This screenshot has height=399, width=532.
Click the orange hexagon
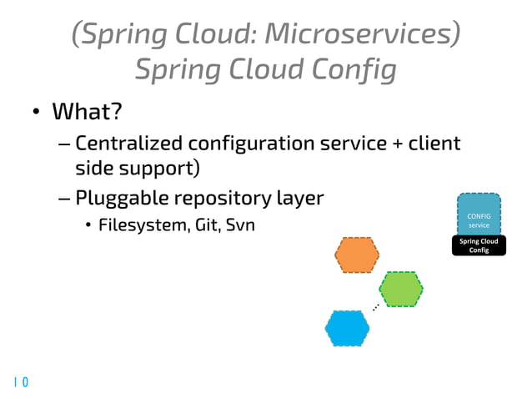point(357,255)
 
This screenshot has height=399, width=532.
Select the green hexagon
point(403,290)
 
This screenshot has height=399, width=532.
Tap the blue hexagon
point(348,328)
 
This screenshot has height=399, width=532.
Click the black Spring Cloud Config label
point(479,245)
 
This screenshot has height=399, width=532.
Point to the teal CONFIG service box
point(479,215)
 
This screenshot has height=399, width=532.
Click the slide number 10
point(21,382)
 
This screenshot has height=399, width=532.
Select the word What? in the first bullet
point(82,111)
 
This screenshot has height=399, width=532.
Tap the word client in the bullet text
point(433,144)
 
